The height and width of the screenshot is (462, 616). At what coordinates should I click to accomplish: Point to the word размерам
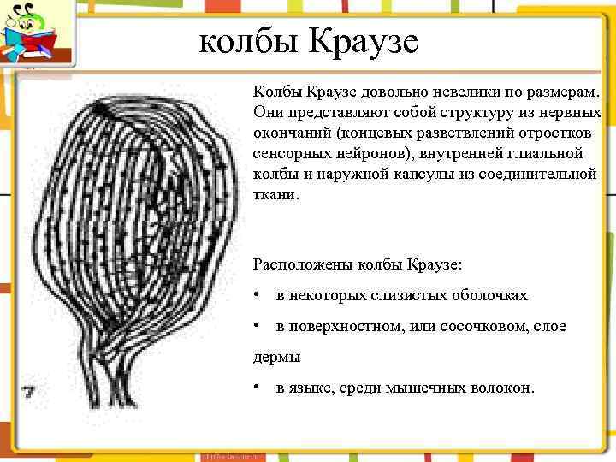coord(562,92)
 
